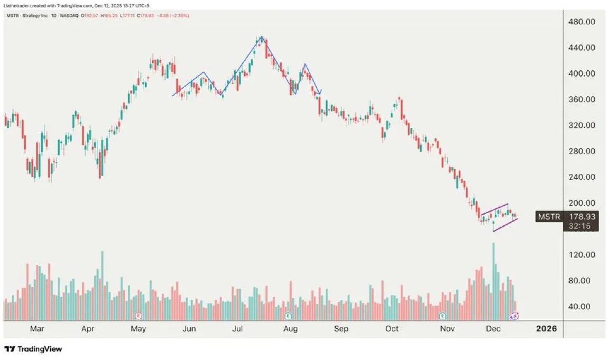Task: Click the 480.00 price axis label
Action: point(582,22)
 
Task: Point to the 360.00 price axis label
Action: point(582,99)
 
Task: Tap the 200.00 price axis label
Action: point(582,203)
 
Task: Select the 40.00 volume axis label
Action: point(582,307)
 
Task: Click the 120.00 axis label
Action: point(582,255)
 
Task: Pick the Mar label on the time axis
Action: point(36,329)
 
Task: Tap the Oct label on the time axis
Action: point(392,329)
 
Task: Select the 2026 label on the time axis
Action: point(546,329)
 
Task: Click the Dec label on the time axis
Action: point(493,329)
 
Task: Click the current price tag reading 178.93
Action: point(583,216)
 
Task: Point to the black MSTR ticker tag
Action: point(549,216)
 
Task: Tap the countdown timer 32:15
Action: point(579,226)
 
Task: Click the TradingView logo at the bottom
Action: point(33,349)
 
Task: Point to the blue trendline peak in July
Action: point(261,37)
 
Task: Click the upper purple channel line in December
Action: point(495,209)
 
